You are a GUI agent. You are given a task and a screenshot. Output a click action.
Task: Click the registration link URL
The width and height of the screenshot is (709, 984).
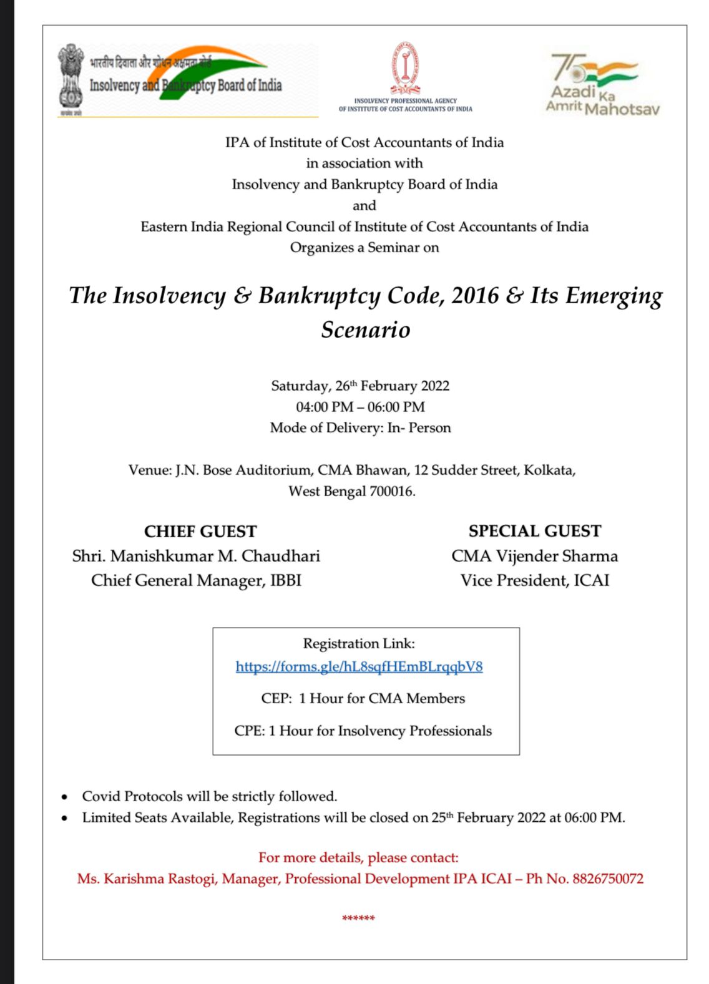click(359, 666)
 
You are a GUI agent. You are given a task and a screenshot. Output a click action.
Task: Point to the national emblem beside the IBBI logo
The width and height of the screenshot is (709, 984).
click(71, 79)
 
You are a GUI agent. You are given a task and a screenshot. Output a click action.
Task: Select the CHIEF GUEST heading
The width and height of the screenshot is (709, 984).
click(200, 532)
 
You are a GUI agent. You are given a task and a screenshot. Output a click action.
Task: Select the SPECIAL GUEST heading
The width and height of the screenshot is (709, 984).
click(535, 531)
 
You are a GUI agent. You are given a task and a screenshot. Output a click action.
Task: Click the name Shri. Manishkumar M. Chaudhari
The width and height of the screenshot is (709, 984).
click(196, 556)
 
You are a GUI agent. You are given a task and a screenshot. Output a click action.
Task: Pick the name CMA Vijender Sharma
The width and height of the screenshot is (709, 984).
click(535, 556)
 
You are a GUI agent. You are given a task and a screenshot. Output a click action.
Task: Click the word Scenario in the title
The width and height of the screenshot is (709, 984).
click(366, 329)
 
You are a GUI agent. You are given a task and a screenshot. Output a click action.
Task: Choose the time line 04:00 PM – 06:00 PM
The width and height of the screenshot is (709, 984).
click(360, 407)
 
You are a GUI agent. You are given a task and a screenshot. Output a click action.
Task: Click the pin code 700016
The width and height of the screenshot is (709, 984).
click(391, 491)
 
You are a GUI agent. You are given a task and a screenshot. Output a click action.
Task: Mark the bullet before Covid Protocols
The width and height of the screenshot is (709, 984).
click(64, 797)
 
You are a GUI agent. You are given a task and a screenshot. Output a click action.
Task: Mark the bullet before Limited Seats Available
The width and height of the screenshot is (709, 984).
click(64, 818)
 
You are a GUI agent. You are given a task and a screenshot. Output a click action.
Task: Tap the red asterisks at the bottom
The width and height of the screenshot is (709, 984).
click(358, 918)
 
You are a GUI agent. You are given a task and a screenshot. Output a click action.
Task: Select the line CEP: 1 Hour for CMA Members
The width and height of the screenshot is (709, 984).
click(363, 698)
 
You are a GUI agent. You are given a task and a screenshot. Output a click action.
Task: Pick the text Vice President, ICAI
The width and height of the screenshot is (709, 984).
click(535, 580)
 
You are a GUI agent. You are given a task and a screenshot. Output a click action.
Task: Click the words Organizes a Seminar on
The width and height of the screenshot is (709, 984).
click(364, 248)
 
